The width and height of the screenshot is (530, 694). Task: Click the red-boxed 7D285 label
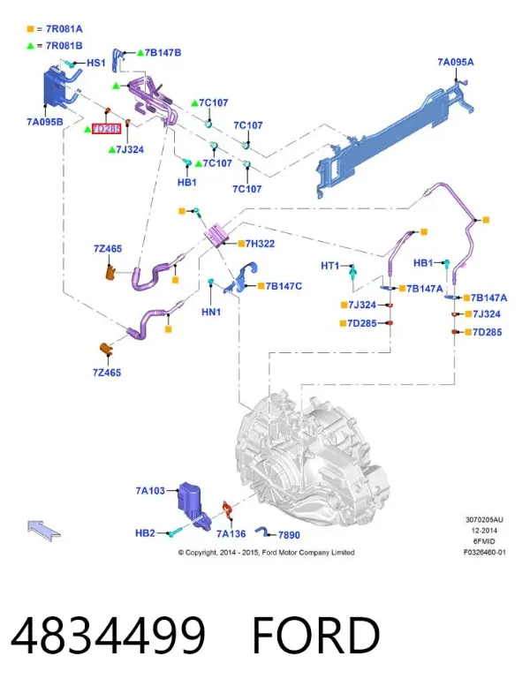coord(106,129)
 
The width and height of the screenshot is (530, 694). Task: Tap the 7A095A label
coord(456,62)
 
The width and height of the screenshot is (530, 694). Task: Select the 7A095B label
coord(45,122)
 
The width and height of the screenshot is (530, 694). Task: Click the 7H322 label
coord(260,244)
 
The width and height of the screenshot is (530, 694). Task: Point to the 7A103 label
coord(150,490)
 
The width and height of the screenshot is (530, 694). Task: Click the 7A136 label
coord(231,534)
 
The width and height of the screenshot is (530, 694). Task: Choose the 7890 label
coord(289,535)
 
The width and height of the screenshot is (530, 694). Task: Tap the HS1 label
coord(96,63)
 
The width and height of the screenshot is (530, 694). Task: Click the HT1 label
coord(329,266)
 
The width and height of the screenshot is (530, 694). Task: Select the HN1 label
coord(211,312)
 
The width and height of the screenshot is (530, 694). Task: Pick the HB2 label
coord(145,533)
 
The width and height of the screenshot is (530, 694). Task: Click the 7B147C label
coord(284,286)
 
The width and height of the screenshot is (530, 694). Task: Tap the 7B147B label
coord(163,53)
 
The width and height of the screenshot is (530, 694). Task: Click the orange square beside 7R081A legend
coord(31,29)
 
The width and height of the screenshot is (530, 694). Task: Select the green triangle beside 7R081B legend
coord(31,45)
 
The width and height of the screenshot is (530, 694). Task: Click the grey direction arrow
coord(44,530)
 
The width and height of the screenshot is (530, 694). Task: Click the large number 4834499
coord(109,635)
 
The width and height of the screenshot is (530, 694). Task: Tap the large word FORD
coord(316,635)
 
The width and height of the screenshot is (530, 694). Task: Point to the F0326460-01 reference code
coord(484,553)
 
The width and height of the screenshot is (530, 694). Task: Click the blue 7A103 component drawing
coord(192,503)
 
